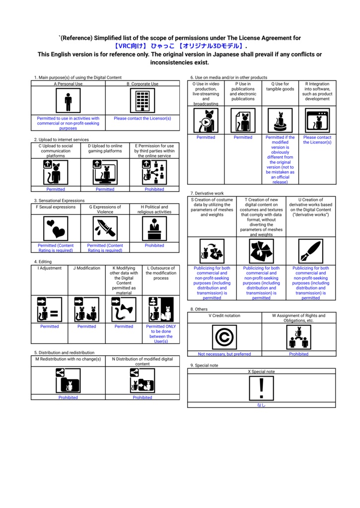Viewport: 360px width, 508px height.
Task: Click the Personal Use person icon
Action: [x=68, y=101]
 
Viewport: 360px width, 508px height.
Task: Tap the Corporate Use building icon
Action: [x=143, y=101]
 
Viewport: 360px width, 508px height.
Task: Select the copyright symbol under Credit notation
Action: [x=224, y=337]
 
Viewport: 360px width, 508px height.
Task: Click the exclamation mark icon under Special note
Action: [x=261, y=388]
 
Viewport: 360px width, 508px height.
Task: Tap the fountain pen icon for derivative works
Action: [x=311, y=251]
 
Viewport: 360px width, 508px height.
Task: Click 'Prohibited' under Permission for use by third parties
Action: [x=154, y=189]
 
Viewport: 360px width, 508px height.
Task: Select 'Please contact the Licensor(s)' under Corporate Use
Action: [x=143, y=118]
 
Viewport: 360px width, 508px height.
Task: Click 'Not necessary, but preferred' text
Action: [x=224, y=354]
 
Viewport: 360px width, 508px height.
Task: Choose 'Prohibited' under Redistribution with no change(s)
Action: [x=68, y=397]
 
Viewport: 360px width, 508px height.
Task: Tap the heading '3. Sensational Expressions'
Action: [x=60, y=200]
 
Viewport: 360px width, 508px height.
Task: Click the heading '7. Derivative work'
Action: [x=207, y=193]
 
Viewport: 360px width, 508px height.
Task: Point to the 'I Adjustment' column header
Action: [x=50, y=268]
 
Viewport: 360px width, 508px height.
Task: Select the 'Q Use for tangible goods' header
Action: [x=280, y=86]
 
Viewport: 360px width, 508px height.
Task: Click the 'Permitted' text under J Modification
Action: [x=86, y=326]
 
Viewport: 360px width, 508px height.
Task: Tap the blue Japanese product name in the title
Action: [x=179, y=46]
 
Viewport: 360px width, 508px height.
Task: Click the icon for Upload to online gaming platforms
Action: [x=105, y=172]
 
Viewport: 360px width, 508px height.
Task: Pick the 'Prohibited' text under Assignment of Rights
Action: [x=299, y=354]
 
